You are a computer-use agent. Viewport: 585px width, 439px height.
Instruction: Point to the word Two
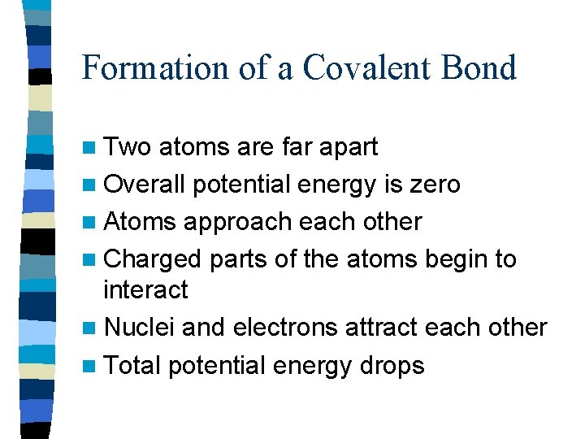(x=128, y=147)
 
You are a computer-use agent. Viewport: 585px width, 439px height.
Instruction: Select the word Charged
(x=153, y=259)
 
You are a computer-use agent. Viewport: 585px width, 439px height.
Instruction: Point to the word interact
(x=145, y=289)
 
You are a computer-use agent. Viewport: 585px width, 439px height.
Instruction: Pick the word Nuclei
(x=139, y=327)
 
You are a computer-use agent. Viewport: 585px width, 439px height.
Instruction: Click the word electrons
(x=285, y=327)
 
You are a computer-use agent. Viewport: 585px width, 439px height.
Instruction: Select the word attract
(x=376, y=327)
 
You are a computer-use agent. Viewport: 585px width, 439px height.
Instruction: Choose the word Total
(x=132, y=365)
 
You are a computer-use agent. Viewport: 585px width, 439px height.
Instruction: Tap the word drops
(x=394, y=366)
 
